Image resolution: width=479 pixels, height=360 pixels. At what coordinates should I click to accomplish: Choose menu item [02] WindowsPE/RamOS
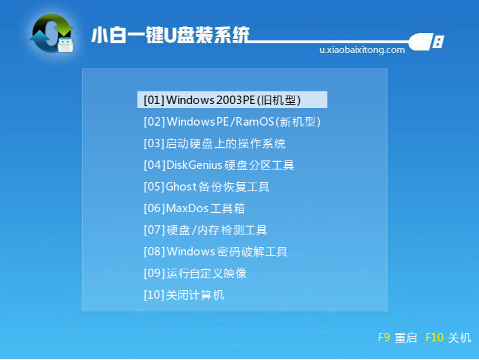[232, 122]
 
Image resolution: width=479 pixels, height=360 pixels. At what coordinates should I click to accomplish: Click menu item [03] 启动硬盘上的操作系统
[215, 144]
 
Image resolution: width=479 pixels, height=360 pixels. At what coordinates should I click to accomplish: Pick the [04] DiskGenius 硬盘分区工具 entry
[219, 165]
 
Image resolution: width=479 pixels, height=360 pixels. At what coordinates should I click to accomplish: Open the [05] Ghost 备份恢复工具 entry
[207, 187]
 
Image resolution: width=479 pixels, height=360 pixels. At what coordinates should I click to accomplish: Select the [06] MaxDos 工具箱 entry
[194, 209]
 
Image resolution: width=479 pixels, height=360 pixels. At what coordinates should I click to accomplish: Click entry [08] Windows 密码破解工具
[216, 252]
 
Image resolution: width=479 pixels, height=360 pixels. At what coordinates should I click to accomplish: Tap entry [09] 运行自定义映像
[195, 273]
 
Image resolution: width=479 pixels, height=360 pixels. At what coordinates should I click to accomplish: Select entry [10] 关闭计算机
[184, 295]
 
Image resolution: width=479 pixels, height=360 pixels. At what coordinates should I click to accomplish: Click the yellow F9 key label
[384, 338]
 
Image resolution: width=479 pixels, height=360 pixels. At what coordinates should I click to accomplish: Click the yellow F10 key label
[434, 338]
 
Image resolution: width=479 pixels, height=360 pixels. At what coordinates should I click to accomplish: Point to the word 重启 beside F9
[406, 338]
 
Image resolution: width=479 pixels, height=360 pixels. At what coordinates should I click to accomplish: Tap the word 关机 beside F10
[460, 338]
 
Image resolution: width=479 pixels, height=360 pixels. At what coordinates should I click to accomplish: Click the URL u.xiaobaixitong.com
[362, 50]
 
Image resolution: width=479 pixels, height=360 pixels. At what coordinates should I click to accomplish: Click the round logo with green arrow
[52, 33]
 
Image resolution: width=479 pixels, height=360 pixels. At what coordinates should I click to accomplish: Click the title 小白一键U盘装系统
[170, 35]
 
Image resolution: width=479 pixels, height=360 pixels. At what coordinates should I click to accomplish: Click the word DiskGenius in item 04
[194, 165]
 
